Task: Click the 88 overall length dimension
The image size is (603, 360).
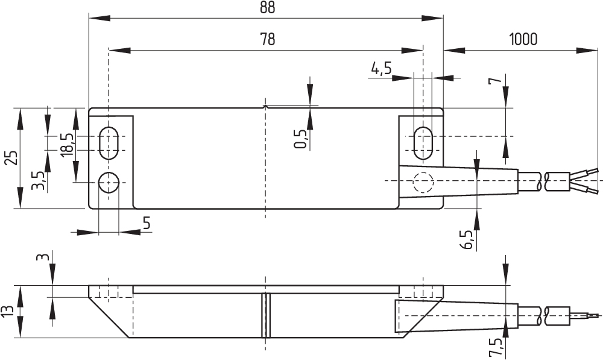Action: (x=267, y=8)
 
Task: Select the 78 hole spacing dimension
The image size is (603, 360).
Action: (x=267, y=40)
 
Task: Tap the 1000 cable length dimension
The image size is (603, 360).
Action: (x=522, y=40)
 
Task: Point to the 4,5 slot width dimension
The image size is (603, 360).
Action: (x=381, y=69)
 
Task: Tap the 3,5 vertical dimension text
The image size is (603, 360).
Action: (x=39, y=180)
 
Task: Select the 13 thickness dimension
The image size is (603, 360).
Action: (x=8, y=311)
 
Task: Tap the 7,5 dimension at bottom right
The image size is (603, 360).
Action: (x=496, y=348)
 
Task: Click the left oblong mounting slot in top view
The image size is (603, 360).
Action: (x=109, y=142)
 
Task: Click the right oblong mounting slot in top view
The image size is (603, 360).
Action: (x=423, y=142)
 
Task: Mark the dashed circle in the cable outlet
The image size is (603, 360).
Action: (x=423, y=182)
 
